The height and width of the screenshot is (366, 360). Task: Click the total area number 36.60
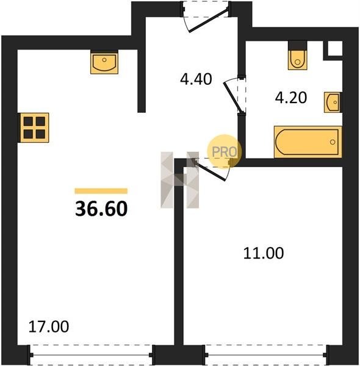(x=101, y=209)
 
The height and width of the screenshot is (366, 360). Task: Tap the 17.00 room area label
(x=49, y=326)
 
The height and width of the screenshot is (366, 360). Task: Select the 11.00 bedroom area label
(x=264, y=253)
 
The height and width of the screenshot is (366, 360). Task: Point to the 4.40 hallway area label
(x=196, y=79)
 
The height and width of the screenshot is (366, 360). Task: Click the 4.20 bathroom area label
(x=291, y=98)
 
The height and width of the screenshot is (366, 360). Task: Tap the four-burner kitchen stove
(x=34, y=127)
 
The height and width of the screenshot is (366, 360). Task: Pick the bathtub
(x=308, y=142)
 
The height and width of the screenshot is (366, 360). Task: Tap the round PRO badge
(x=225, y=151)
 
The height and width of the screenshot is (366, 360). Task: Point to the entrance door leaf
(x=209, y=20)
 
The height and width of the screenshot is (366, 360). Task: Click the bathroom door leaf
(x=232, y=96)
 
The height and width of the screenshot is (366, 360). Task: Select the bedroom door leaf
(x=210, y=170)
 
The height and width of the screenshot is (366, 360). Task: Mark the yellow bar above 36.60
(x=101, y=191)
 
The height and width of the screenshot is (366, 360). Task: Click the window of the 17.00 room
(x=92, y=355)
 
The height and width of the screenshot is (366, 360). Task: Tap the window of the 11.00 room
(x=265, y=355)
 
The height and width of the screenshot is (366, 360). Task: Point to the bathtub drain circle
(x=333, y=142)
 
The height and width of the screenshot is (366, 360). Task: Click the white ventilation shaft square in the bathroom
(x=335, y=49)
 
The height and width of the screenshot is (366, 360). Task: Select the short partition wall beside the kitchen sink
(x=142, y=81)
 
